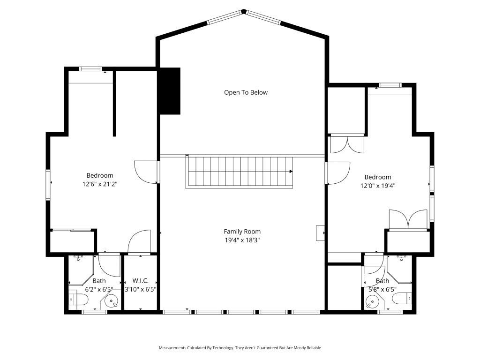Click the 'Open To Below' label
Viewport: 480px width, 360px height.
click(246, 92)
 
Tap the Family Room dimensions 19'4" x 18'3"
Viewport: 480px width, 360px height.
click(242, 240)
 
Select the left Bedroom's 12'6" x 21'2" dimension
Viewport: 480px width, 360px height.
click(99, 184)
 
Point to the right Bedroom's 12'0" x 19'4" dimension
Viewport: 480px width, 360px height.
click(378, 185)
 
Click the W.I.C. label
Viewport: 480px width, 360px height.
click(140, 281)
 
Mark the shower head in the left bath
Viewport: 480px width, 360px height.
click(79, 257)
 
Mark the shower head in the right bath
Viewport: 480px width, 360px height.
click(402, 257)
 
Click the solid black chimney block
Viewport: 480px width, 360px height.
click(169, 91)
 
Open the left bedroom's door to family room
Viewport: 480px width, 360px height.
click(146, 172)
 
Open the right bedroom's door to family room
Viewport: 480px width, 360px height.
click(338, 172)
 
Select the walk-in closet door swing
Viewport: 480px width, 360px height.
click(139, 242)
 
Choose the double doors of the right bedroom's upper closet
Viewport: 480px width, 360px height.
click(347, 144)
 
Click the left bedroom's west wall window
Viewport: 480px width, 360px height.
click(48, 184)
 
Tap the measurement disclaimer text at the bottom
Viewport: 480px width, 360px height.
click(240, 348)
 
